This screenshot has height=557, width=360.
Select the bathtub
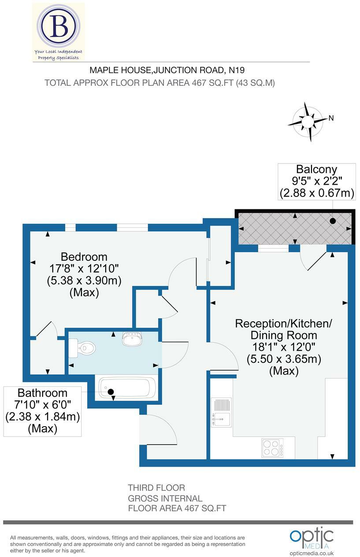point(126,388)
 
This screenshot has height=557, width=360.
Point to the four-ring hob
point(272,448)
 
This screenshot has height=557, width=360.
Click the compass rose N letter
point(331,118)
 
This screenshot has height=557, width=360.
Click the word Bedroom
point(84,256)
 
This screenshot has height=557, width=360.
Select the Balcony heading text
point(316,169)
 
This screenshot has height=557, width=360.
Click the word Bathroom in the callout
point(42,393)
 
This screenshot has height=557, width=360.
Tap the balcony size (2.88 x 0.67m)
point(317,193)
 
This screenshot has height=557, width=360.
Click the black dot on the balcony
point(333,221)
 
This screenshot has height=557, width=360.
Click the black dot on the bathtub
point(111,391)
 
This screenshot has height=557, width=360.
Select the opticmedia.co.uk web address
point(312,553)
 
